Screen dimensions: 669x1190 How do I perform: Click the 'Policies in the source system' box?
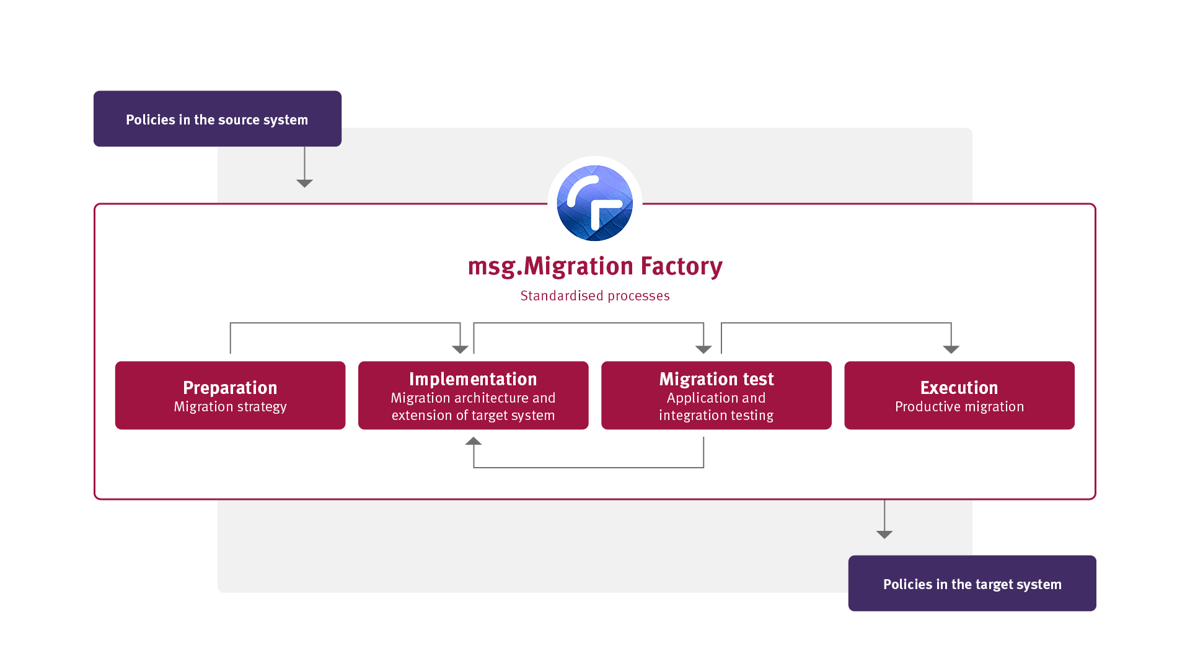click(x=217, y=119)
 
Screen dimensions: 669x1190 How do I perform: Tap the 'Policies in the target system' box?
click(x=972, y=584)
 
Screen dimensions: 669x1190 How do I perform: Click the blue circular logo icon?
click(x=595, y=203)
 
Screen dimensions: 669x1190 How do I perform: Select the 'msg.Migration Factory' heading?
click(x=595, y=266)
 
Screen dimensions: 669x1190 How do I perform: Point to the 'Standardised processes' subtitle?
click(x=595, y=296)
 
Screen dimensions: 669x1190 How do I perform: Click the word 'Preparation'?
click(x=230, y=388)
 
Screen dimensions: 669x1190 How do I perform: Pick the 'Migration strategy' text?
click(x=230, y=407)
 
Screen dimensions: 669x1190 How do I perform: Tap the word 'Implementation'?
click(x=473, y=379)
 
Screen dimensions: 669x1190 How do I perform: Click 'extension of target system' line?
click(x=473, y=416)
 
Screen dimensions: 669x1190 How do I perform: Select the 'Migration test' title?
click(x=716, y=379)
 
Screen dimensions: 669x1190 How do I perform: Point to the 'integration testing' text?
click(x=716, y=416)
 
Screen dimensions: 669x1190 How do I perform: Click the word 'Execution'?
click(x=959, y=388)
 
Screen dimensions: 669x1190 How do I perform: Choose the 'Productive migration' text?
click(x=959, y=407)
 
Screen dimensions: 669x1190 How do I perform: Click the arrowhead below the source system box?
click(x=304, y=183)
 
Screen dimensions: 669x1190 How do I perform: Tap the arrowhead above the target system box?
click(x=884, y=535)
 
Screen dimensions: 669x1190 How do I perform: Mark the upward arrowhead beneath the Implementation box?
click(x=474, y=441)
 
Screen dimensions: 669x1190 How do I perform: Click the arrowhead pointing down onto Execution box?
click(x=951, y=349)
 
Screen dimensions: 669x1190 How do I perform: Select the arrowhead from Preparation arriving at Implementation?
click(x=460, y=349)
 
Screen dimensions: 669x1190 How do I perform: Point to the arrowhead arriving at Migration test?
click(x=703, y=349)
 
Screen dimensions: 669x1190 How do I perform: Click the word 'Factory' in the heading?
click(x=681, y=266)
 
